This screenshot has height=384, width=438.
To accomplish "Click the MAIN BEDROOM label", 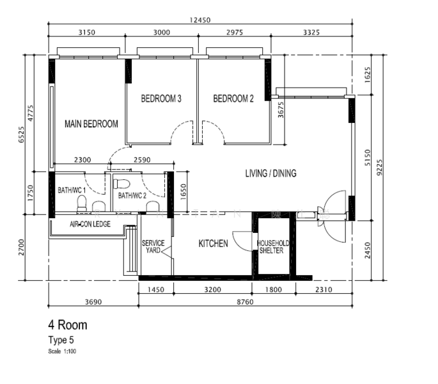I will coord(91,124).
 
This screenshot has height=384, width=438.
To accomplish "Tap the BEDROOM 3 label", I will coord(161,99).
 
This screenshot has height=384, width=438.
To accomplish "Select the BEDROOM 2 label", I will coord(233,99).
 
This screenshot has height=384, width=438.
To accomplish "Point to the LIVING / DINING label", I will coord(271,173).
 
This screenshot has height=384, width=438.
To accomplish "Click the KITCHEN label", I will coord(213,244).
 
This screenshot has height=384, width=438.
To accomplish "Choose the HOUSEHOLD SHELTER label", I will coord(273,247).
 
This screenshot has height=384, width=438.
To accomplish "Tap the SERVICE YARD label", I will coord(153,247).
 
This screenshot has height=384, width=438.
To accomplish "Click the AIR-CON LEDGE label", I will coord(90,224).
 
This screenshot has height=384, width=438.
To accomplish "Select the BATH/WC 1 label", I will coord(72,190).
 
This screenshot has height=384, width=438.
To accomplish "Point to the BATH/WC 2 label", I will coord(132,196).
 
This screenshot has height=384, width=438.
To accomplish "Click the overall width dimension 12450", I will coord(199,20).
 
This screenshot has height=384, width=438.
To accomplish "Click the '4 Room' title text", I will coord(68,325).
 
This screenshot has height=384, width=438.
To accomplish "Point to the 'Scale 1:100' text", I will coord(63,351).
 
